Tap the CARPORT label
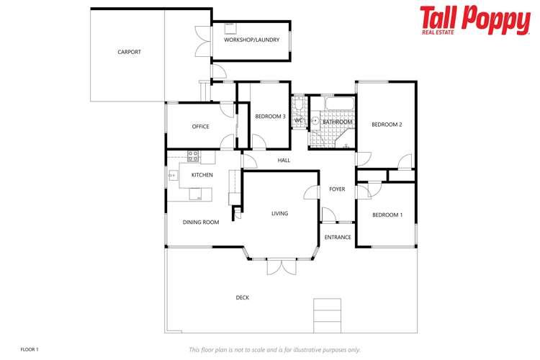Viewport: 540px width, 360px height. [130, 52]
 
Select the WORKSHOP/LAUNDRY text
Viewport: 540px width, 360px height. [251, 40]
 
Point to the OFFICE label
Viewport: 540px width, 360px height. [200, 127]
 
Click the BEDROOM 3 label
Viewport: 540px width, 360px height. [271, 117]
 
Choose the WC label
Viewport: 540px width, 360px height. [298, 120]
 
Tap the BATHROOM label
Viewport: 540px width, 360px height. [337, 122]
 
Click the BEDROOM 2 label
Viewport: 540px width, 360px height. [387, 125]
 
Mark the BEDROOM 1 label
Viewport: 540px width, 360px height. [387, 215]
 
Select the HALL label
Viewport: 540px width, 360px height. [284, 160]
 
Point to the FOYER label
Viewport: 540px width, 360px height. [337, 189]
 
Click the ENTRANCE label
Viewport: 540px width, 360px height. [338, 237]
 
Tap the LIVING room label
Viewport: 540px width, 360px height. [279, 213]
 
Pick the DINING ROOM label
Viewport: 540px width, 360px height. [201, 222]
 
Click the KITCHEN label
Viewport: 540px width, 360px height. [202, 175]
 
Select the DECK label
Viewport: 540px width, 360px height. [243, 297]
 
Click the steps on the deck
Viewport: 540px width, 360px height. [327, 315]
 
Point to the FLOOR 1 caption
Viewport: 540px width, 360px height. [30, 349]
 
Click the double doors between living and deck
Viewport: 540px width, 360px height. [281, 267]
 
